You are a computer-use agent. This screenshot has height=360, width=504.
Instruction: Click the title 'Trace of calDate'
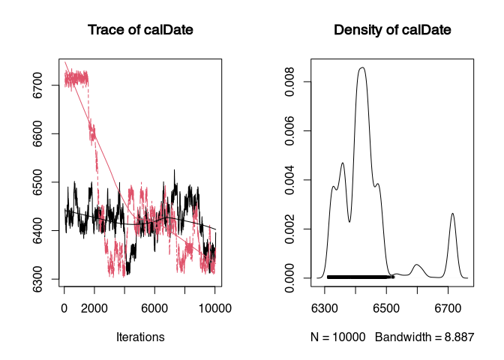click(140, 30)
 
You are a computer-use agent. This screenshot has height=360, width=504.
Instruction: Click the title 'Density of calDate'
click(392, 30)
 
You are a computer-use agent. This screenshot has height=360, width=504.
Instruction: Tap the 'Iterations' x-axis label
click(140, 337)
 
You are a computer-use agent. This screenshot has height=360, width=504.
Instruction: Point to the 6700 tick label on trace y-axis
click(37, 85)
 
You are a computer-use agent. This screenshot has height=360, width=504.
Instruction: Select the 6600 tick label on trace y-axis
click(37, 133)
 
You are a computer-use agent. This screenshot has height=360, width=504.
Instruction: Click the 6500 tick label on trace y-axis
click(37, 182)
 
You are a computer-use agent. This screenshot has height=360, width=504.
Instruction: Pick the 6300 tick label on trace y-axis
click(37, 279)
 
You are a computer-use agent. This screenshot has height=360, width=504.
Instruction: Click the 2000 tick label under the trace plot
click(94, 308)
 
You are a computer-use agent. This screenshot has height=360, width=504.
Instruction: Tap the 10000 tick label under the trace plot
click(215, 308)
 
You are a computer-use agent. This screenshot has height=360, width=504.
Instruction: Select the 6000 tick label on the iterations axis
click(154, 308)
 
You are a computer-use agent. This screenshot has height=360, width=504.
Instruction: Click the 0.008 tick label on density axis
click(289, 82)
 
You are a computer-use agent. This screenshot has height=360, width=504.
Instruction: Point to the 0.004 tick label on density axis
click(289, 180)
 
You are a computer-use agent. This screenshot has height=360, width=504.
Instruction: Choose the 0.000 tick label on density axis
click(289, 278)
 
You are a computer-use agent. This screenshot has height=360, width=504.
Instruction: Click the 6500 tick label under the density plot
click(386, 308)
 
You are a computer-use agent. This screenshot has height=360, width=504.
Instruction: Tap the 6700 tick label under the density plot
click(448, 308)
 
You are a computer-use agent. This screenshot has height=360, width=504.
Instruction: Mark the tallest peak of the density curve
click(362, 67)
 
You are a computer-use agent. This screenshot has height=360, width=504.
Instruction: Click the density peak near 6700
click(452, 214)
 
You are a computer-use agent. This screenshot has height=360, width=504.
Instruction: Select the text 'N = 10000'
click(337, 337)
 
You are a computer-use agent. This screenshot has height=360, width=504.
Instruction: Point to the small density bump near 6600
click(416, 265)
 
